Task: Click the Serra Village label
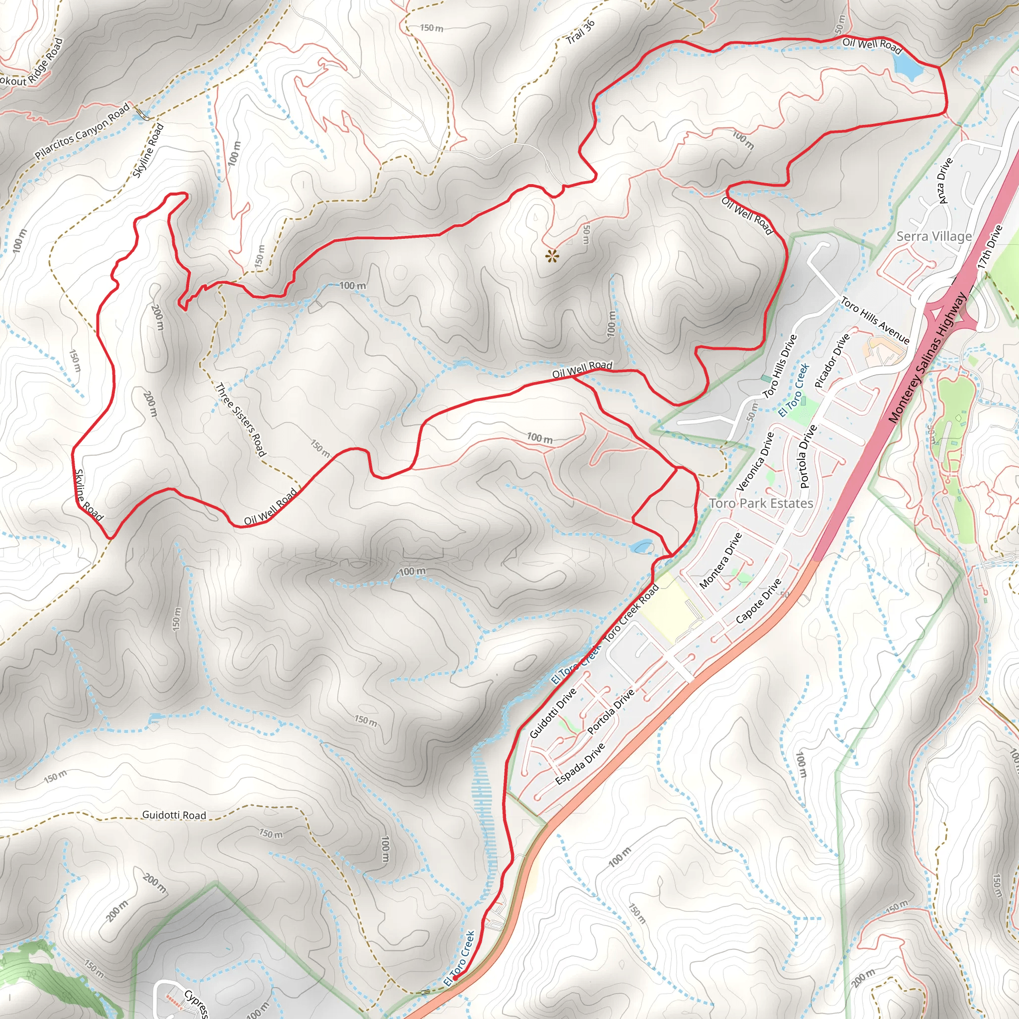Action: tap(934, 236)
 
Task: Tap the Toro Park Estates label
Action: tap(761, 503)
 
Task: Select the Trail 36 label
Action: tap(581, 32)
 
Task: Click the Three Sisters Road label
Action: tap(241, 419)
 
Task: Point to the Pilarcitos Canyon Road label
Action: tap(82, 132)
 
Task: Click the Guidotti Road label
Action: tap(174, 815)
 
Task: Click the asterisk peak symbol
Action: tap(552, 257)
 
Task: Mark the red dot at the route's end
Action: tap(455, 978)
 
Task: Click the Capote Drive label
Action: tap(758, 601)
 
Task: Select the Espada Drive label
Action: tap(580, 764)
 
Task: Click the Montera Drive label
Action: tap(720, 561)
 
